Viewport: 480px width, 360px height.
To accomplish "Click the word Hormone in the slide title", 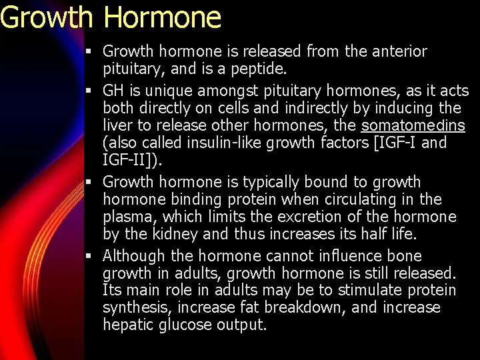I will click(162, 17).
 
